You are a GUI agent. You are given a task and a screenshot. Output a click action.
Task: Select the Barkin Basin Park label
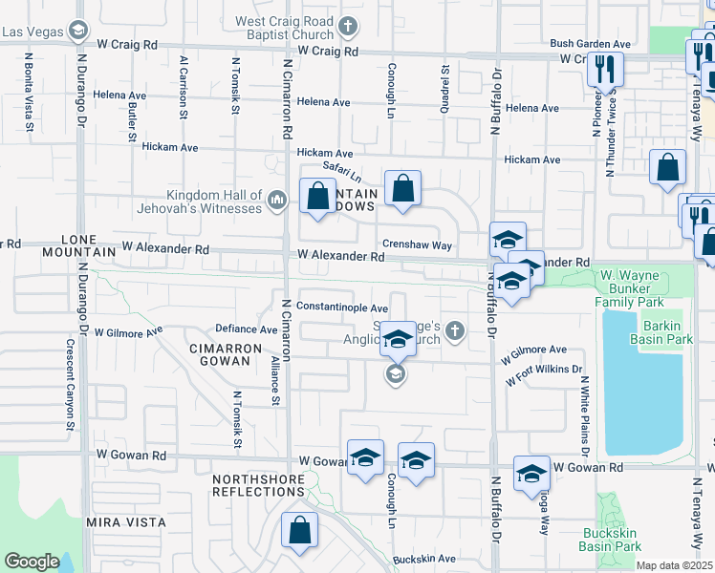coord(661,331)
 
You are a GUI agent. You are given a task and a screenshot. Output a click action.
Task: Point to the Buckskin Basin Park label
coord(609,539)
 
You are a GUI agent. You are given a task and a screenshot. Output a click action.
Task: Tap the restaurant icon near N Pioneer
coord(604,69)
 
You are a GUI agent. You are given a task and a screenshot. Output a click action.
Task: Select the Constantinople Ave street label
coord(341,308)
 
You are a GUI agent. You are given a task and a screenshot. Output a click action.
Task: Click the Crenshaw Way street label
coord(417,244)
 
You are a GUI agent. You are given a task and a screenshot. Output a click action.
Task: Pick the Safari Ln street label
coord(341,172)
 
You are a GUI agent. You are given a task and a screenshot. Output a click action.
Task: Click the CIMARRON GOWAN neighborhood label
coord(225,355)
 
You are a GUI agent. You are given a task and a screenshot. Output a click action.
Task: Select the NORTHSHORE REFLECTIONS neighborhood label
coord(258,485)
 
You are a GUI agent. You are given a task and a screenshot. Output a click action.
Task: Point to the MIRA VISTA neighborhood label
coord(126,522)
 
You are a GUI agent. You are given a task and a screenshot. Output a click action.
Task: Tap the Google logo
coord(32,562)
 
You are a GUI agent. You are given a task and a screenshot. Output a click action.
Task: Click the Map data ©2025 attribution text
coord(675,565)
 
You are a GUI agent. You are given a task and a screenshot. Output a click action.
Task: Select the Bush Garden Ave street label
coord(590,44)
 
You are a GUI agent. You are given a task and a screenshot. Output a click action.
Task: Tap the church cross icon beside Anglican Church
coord(455,331)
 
